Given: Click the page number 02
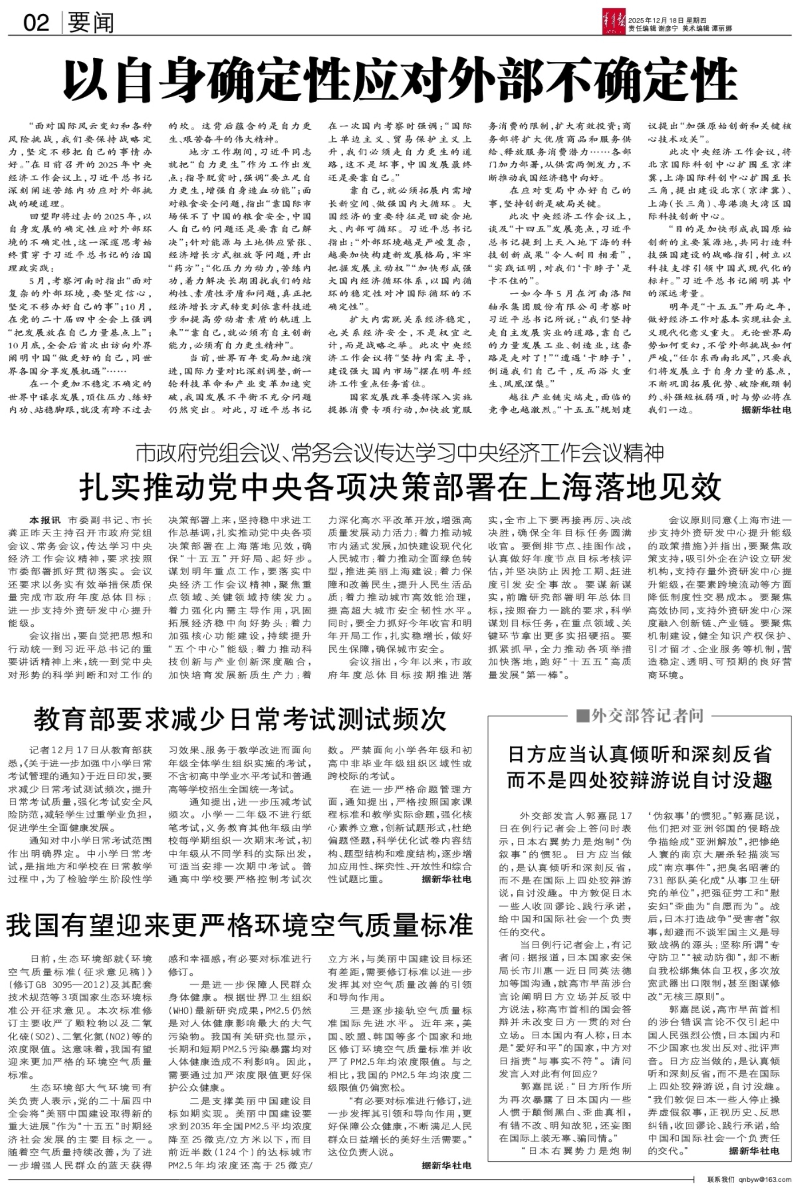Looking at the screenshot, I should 36,22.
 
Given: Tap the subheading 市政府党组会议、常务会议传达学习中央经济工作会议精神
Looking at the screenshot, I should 400,453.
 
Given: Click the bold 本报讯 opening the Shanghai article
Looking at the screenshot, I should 44,521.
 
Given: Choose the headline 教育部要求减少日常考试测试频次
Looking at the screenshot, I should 240,718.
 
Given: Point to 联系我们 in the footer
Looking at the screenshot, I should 721,1179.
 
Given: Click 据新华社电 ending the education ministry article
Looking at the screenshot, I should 447,879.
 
